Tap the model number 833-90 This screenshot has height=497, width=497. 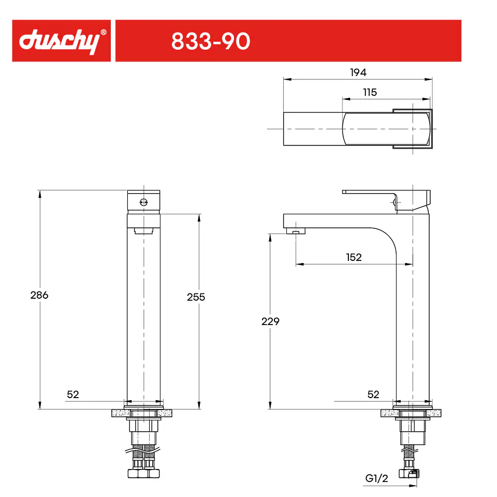point(211,41)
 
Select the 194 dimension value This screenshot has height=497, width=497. point(358,72)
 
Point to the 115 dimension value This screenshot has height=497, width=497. point(370,92)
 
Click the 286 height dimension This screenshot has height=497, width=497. point(39,295)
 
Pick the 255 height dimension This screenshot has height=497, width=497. point(196,297)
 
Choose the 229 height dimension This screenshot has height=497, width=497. point(270,321)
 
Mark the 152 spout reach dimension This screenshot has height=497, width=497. point(354,257)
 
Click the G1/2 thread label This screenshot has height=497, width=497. point(376,478)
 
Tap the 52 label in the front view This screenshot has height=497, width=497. point(73,394)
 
